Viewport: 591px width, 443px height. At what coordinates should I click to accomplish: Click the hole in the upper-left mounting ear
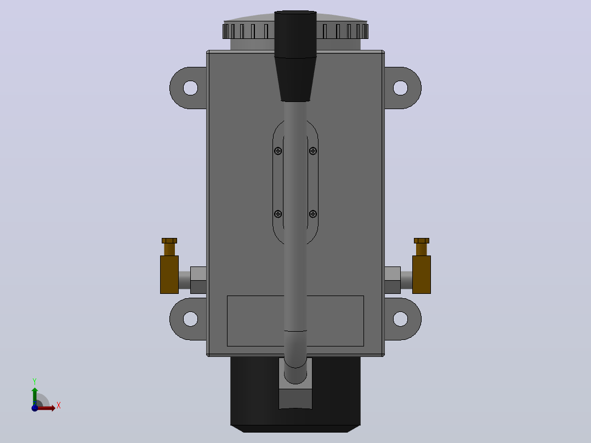190,88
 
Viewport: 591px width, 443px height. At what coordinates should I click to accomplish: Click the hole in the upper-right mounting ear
400,88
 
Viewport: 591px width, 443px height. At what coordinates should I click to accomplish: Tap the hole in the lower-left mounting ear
190,319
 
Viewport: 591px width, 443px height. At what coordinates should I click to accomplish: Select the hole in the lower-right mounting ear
400,319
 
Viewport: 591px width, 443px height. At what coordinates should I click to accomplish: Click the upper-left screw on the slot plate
278,151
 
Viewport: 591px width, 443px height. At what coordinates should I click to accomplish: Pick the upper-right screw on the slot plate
313,151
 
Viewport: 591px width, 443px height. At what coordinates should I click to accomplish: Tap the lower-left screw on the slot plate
278,214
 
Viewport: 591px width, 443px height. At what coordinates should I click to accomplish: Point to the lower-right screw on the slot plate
313,214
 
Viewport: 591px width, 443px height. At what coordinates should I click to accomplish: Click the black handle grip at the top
295,56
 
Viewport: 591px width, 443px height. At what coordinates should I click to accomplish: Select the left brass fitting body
169,275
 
